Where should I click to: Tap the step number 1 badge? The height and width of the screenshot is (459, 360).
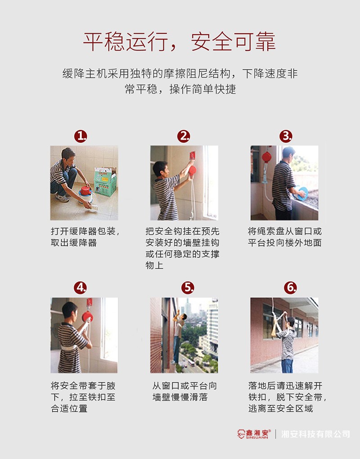click(x=81, y=136)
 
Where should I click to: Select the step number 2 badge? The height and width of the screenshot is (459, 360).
click(x=184, y=136)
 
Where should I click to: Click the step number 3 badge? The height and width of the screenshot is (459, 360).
click(x=286, y=136)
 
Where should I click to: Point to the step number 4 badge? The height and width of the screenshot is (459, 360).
click(x=81, y=288)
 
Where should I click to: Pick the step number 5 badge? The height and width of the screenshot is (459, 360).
click(x=188, y=288)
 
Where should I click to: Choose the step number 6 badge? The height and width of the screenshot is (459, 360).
click(x=290, y=288)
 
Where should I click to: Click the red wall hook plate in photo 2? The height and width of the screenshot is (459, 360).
click(x=192, y=154)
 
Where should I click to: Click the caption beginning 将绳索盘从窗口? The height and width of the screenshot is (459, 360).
click(x=284, y=237)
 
